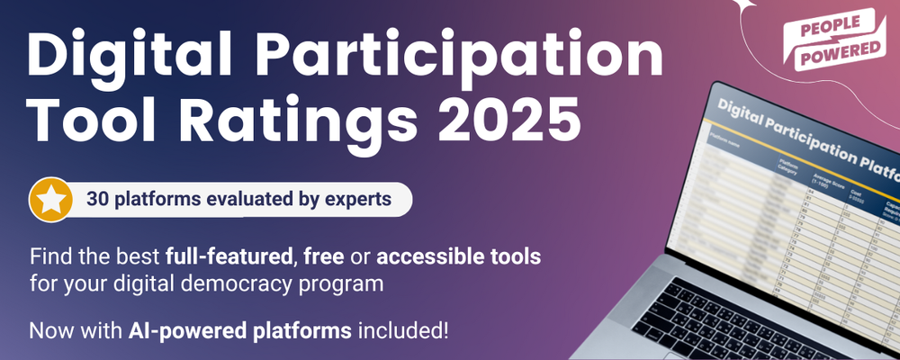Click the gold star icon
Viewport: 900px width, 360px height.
50,199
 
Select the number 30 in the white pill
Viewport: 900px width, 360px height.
98,199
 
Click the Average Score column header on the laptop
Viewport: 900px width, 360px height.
824,177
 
